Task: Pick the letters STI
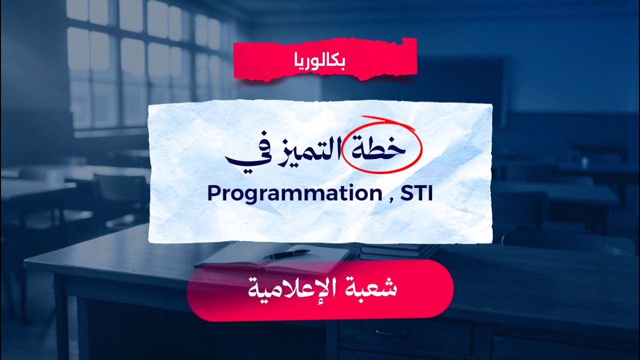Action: (417, 193)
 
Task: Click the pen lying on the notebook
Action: (286, 254)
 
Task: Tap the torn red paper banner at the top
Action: (325, 59)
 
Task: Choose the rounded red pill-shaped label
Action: (320, 290)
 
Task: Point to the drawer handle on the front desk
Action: (390, 333)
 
